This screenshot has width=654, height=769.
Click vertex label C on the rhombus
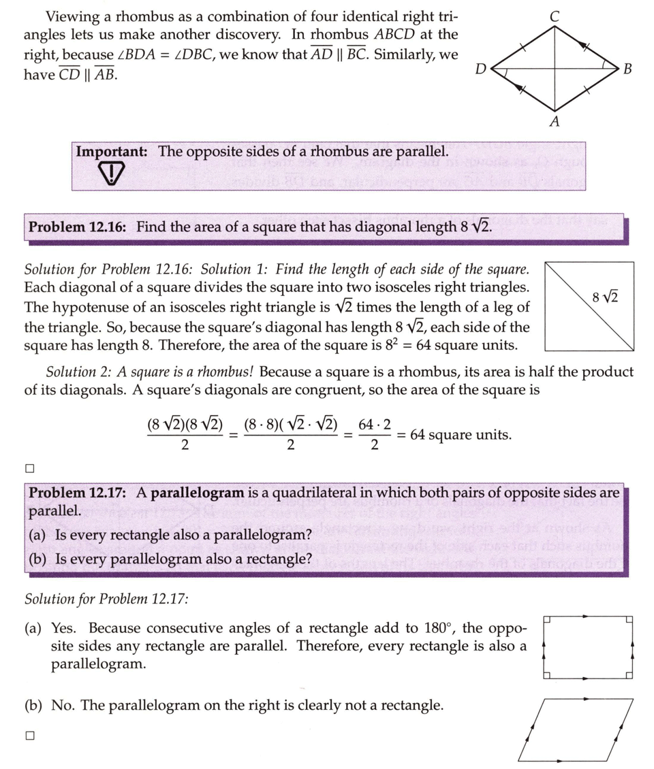click(555, 15)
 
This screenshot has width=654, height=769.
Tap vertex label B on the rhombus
click(627, 68)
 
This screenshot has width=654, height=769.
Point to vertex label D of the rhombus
click(481, 68)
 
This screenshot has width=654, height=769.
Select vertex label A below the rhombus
click(555, 122)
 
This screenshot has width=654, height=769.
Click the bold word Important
click(112, 151)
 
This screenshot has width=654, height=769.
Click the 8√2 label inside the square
click(606, 297)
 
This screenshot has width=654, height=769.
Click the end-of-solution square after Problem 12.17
click(29, 735)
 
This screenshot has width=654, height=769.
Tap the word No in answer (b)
click(62, 706)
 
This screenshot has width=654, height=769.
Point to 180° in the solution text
click(424, 627)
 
